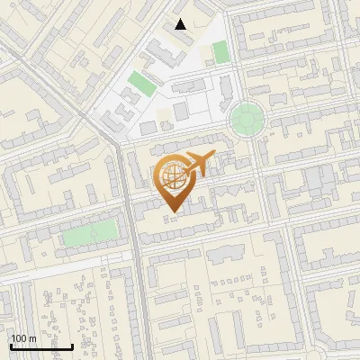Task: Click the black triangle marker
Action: (181, 24)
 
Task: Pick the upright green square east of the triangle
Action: (220, 51)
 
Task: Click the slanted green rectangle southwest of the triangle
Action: (139, 85)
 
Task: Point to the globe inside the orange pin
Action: (172, 177)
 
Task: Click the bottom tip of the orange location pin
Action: (172, 211)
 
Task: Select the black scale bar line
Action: (41, 346)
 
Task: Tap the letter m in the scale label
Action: (33, 338)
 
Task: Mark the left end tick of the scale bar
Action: (11, 345)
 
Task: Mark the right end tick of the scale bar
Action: (73, 345)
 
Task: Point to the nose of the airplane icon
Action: (213, 157)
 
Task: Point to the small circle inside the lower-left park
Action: (93, 234)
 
